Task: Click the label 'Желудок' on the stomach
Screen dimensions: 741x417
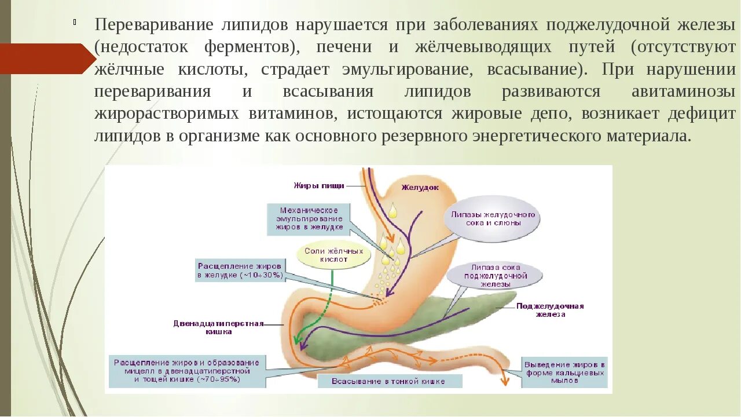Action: [420, 187]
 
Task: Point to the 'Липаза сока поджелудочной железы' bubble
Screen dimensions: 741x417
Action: [495, 276]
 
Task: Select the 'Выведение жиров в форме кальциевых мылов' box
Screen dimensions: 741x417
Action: [564, 372]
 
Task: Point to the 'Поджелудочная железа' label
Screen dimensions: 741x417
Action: [550, 310]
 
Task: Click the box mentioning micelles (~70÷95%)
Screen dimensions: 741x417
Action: [186, 371]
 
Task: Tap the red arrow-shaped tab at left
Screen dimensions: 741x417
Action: [46, 58]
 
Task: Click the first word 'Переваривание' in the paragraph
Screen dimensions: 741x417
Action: [153, 25]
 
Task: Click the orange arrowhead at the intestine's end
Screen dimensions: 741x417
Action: [504, 381]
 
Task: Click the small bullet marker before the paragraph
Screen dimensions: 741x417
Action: [75, 23]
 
